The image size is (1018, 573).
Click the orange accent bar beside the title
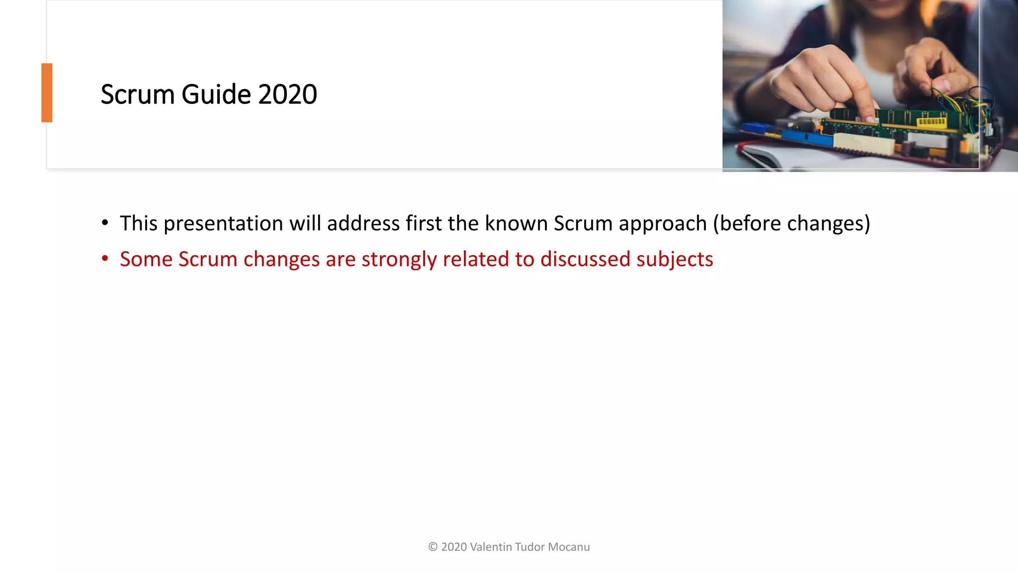click(47, 93)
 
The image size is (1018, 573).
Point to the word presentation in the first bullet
click(223, 223)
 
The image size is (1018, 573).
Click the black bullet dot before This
click(105, 223)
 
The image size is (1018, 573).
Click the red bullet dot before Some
click(105, 259)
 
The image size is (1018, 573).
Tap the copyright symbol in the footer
click(432, 547)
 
